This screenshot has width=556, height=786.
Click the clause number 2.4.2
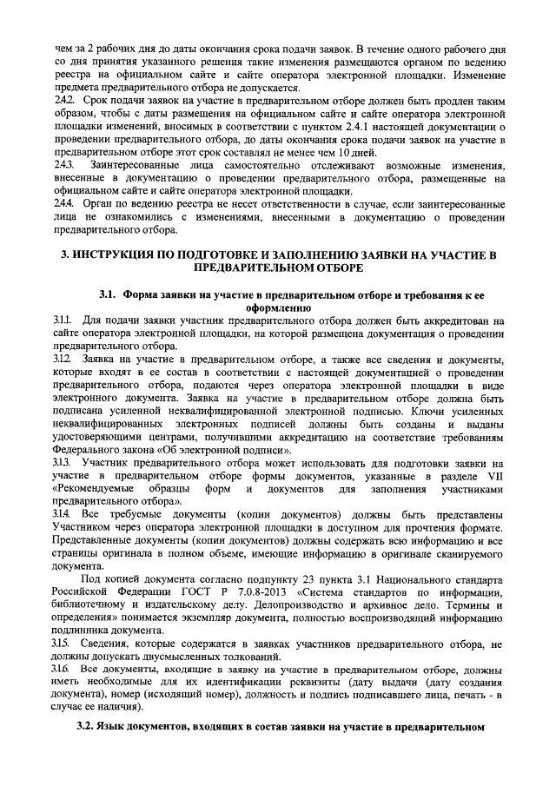pyautogui.click(x=63, y=102)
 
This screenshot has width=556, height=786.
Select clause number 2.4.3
pyautogui.click(x=63, y=165)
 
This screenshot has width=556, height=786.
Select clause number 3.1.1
pyautogui.click(x=63, y=320)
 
